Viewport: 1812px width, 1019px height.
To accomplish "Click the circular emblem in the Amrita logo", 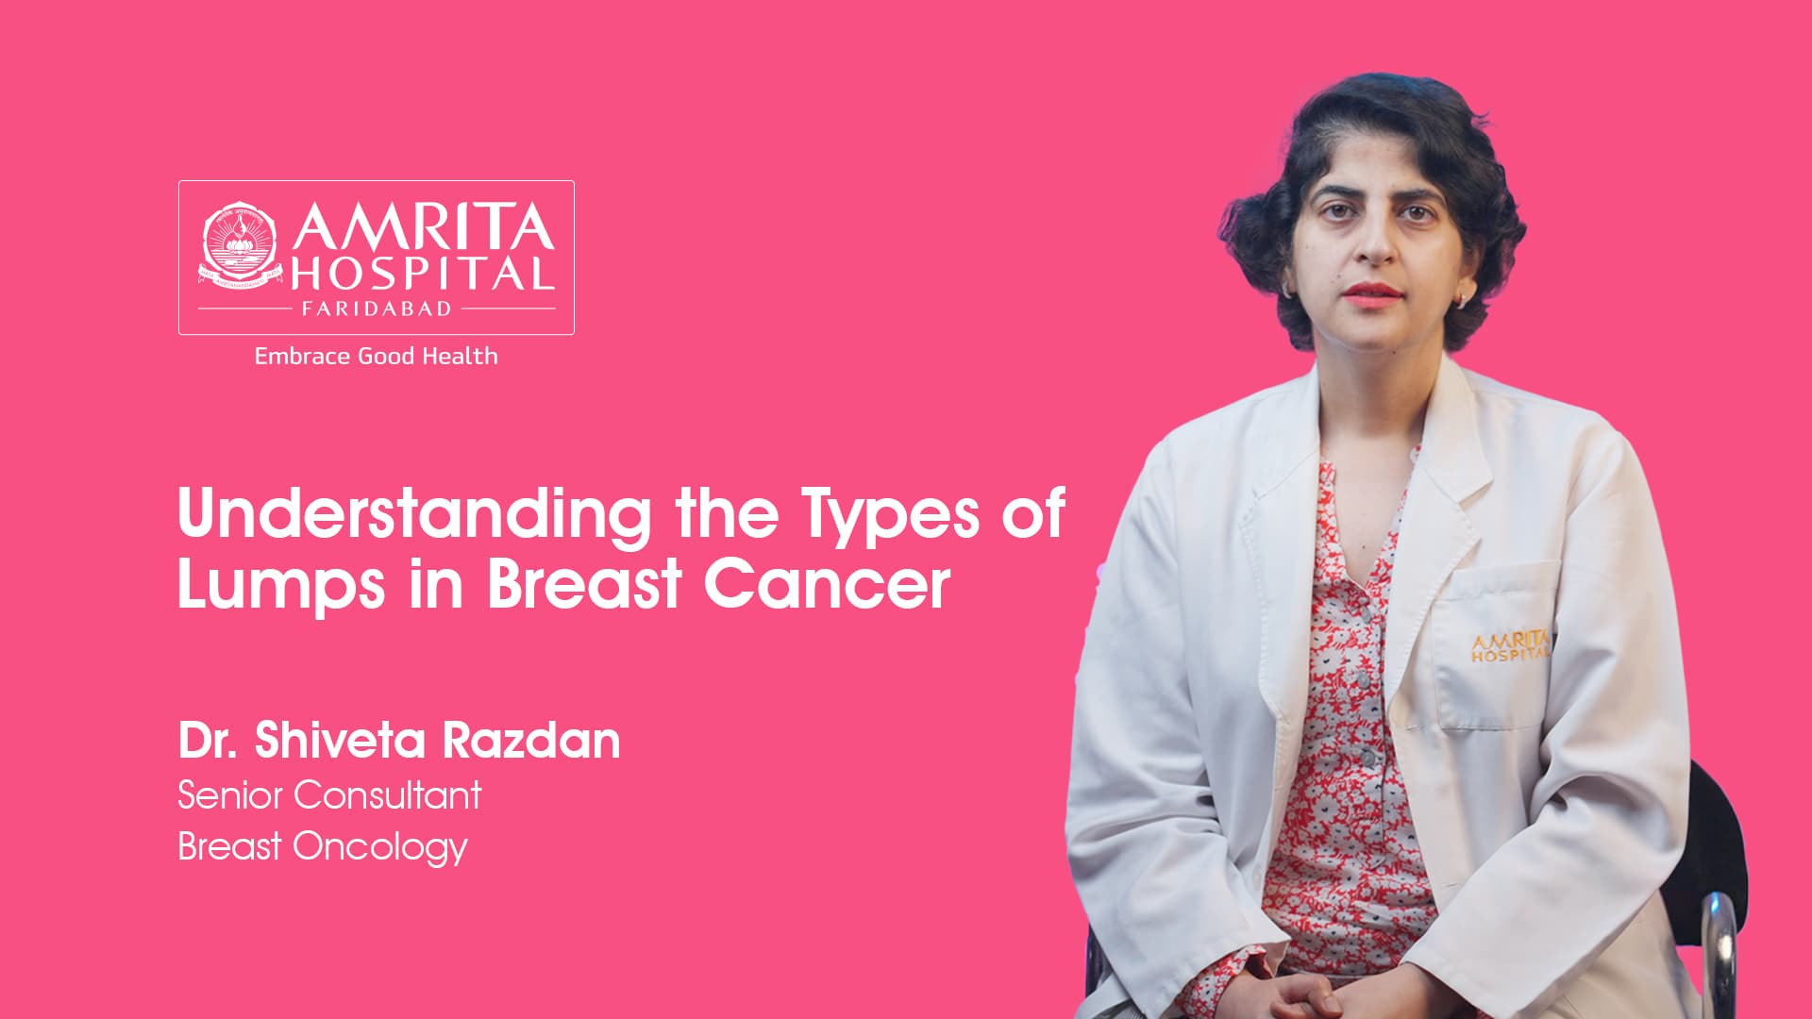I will (x=240, y=246).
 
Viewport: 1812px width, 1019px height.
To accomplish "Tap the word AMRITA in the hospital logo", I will (x=422, y=227).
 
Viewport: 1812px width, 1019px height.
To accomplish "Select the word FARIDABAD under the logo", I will (x=377, y=309).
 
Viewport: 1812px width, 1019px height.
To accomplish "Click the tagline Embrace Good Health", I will (x=376, y=356).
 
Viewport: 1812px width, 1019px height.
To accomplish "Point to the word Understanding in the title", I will (x=414, y=515).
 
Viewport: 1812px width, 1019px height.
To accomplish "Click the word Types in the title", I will (x=891, y=515).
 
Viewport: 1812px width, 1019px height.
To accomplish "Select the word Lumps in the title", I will (x=281, y=585).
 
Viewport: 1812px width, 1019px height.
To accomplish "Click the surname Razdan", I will (x=531, y=740).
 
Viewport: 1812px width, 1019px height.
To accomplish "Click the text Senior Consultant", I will (x=329, y=795).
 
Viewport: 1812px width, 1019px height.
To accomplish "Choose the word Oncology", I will (x=380, y=847).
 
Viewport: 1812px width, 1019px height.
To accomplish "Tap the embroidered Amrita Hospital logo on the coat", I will (x=1509, y=646).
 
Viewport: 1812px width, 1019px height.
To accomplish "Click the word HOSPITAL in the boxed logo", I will (x=422, y=274).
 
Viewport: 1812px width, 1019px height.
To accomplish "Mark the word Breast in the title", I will (x=584, y=585).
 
